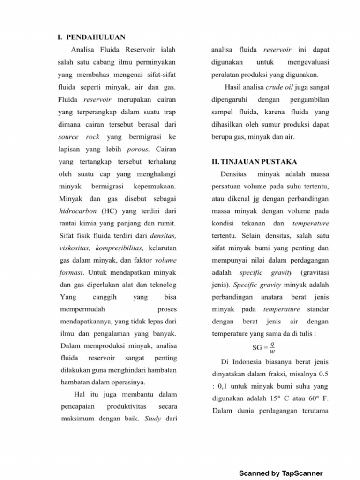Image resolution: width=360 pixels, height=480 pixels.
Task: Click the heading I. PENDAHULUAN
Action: [x=91, y=36]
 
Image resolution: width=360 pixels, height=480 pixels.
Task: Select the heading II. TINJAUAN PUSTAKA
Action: [x=254, y=162]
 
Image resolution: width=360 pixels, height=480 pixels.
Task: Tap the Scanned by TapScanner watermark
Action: [x=281, y=473]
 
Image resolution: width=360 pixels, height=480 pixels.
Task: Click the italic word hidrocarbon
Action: [x=77, y=210]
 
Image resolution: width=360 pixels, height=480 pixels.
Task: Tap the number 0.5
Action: [x=322, y=374]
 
